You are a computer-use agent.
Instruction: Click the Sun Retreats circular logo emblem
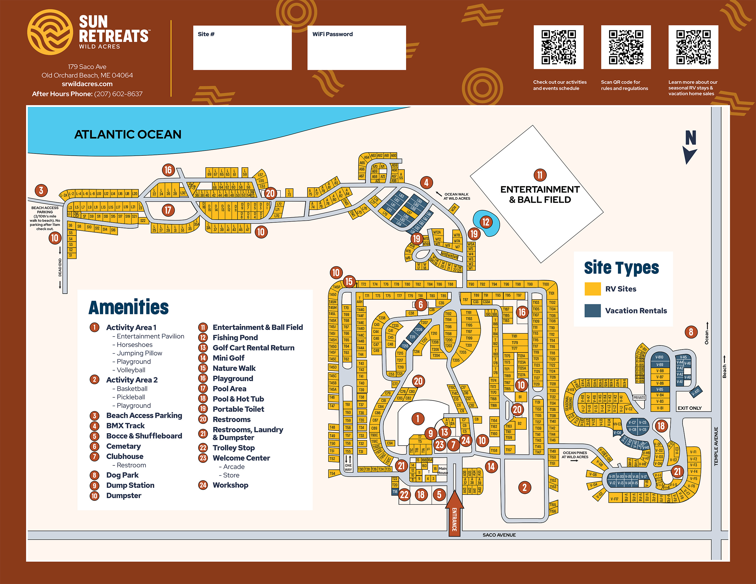point(50,32)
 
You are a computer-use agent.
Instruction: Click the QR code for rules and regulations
point(626,47)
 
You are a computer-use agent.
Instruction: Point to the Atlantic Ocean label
point(128,134)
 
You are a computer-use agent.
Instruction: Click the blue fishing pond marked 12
point(486,222)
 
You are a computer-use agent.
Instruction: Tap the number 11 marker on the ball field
point(540,175)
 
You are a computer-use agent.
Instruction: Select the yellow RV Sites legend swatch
point(592,289)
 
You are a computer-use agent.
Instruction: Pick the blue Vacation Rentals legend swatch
point(592,310)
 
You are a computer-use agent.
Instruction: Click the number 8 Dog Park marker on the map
point(691,332)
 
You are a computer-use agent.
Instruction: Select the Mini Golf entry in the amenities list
point(228,358)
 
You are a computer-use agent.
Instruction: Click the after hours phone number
point(118,94)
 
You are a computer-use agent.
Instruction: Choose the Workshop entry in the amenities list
point(230,485)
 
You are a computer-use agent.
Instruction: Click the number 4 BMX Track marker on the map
point(426,182)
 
